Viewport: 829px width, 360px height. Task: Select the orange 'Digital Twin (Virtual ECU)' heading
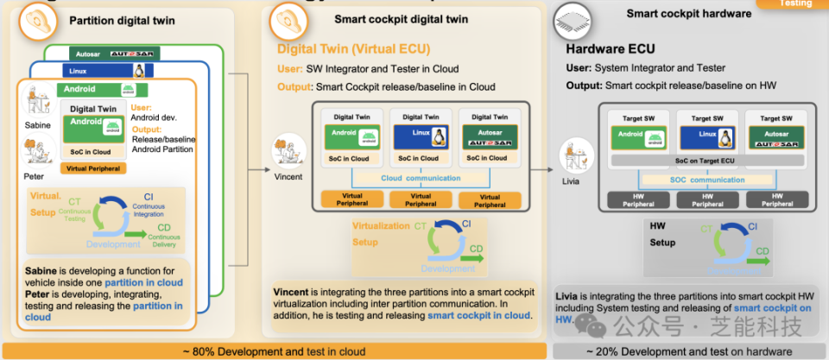[x=353, y=48]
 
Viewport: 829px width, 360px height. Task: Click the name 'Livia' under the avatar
[x=571, y=181]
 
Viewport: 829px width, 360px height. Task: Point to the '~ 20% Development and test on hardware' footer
[x=688, y=351]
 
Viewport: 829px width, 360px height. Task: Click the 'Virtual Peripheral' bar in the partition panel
[x=93, y=169]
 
